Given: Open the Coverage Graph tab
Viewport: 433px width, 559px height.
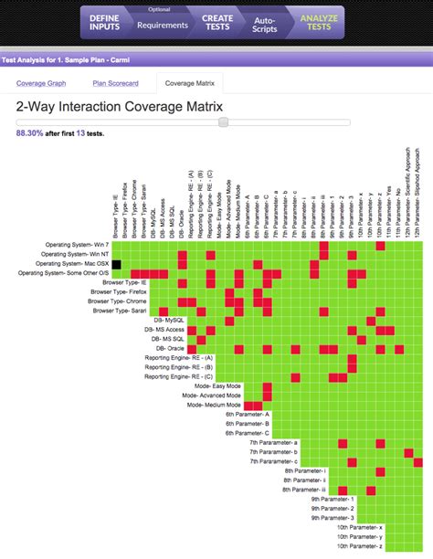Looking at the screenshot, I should pyautogui.click(x=42, y=84).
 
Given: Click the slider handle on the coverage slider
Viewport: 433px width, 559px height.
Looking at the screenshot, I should pyautogui.click(x=223, y=121).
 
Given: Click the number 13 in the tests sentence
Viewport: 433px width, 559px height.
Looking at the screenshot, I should pyautogui.click(x=80, y=132).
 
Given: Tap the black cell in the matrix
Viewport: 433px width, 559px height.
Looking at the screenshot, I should pyautogui.click(x=117, y=263).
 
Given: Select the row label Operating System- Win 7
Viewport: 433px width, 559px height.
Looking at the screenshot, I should pyautogui.click(x=77, y=245).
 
